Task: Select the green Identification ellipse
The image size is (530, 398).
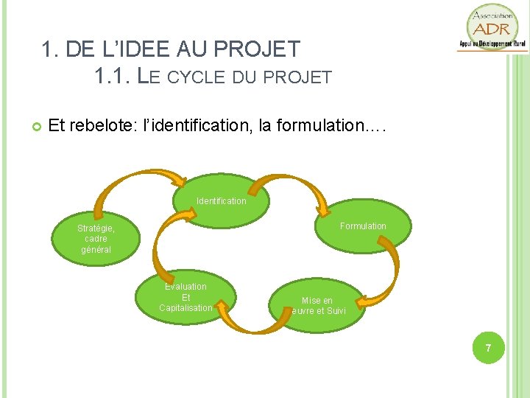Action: tap(221, 200)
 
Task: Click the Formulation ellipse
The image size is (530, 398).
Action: tap(363, 226)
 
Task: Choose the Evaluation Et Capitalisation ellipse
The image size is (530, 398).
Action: tap(185, 297)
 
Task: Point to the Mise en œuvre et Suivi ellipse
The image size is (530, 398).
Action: tap(317, 304)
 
